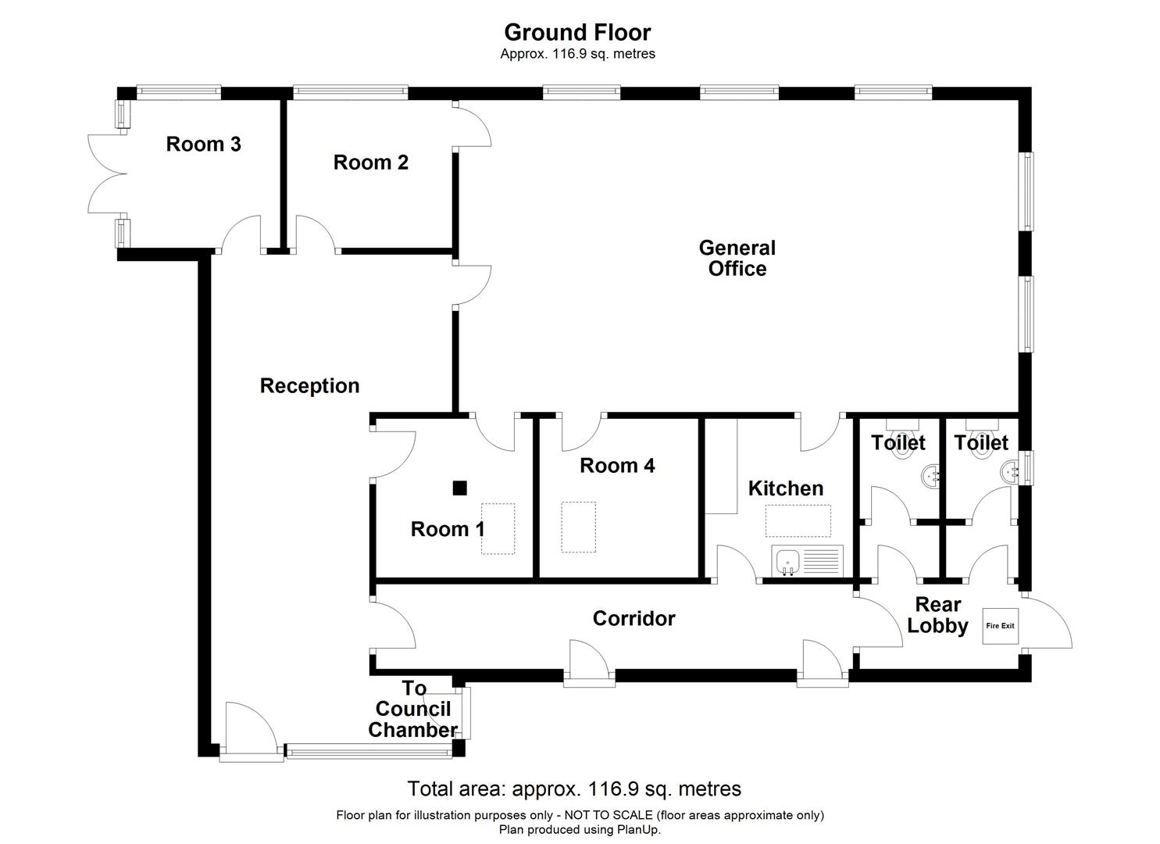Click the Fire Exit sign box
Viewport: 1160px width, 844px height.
(x=1001, y=626)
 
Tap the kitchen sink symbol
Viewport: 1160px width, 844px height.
(x=788, y=562)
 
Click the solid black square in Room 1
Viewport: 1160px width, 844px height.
(x=460, y=488)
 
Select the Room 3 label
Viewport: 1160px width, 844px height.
(x=203, y=144)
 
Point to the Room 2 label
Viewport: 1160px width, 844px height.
(x=371, y=163)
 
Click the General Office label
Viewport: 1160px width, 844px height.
(x=737, y=259)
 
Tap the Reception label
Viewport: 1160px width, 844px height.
(x=309, y=386)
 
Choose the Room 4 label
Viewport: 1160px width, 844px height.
(x=617, y=466)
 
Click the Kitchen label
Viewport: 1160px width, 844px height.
(x=785, y=488)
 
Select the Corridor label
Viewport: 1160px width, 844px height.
(x=634, y=619)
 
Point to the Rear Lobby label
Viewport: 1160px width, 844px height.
(x=937, y=615)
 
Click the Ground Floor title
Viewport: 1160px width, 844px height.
(x=577, y=32)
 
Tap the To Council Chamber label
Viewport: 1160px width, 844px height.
(x=413, y=710)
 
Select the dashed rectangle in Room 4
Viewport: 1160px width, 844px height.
(x=578, y=527)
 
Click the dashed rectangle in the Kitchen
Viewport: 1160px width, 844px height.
(x=798, y=520)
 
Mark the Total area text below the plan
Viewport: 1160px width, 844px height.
(x=574, y=789)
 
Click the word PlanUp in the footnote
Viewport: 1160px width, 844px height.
(x=637, y=830)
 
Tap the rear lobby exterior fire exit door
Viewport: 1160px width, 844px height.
(x=1047, y=623)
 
